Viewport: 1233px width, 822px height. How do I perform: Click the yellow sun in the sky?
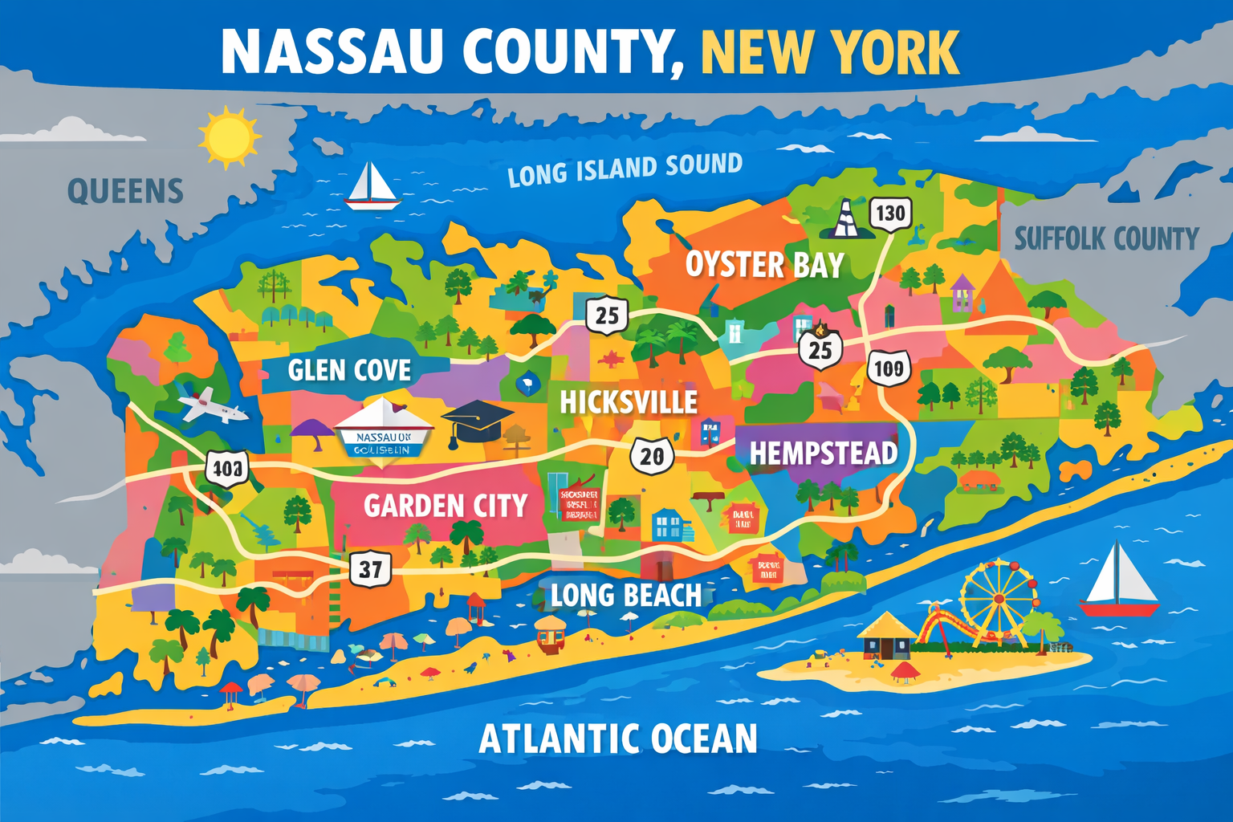(230, 137)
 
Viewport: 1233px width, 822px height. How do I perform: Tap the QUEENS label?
(125, 191)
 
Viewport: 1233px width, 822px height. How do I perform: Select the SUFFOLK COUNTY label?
(1106, 238)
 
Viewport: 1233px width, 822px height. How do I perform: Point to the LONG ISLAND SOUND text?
(625, 169)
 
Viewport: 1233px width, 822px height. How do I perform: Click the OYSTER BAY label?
(763, 265)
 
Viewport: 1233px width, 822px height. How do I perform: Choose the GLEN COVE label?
(349, 370)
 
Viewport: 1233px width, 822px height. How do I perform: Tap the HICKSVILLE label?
(629, 401)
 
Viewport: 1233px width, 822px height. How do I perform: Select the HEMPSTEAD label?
(823, 454)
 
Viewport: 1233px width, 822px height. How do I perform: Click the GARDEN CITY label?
(445, 506)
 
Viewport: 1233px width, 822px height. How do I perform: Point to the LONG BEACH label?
(625, 596)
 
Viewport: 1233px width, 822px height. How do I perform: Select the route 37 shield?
(370, 569)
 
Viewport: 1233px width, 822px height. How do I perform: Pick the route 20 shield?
(651, 456)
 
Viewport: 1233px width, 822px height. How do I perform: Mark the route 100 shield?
(889, 368)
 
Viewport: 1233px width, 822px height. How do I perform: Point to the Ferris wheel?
(997, 598)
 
